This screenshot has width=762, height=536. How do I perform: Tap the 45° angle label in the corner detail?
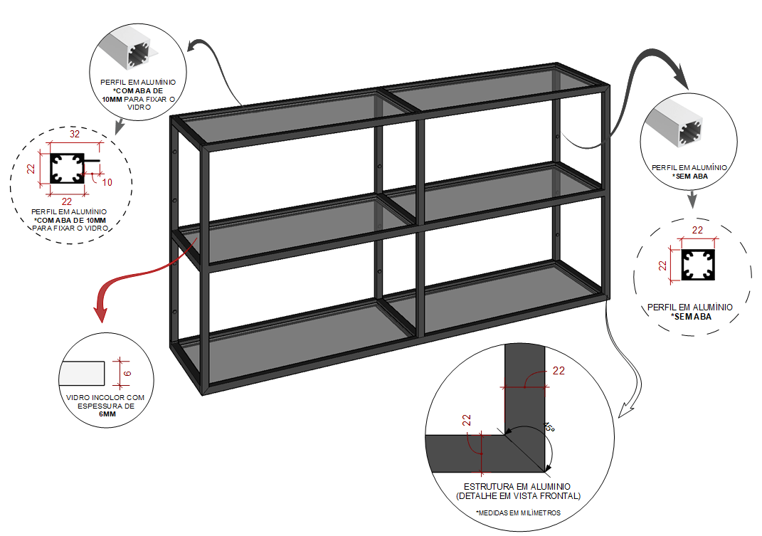549,427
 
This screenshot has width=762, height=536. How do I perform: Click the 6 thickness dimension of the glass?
127,372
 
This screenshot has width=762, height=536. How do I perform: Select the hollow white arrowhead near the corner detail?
625,411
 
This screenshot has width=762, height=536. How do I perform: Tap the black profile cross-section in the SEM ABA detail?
697,264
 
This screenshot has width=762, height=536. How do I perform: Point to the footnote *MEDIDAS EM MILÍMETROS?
517,513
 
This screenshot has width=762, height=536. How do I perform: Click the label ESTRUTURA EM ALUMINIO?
517,487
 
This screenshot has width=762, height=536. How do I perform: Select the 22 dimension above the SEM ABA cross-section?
697,230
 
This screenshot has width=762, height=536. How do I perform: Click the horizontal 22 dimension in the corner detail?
558,372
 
